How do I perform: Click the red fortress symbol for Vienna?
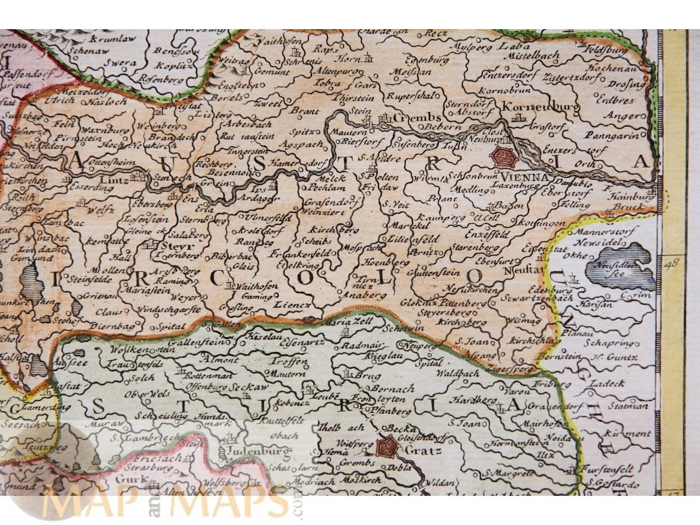point(503,157)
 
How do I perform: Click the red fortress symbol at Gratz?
point(386,447)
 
